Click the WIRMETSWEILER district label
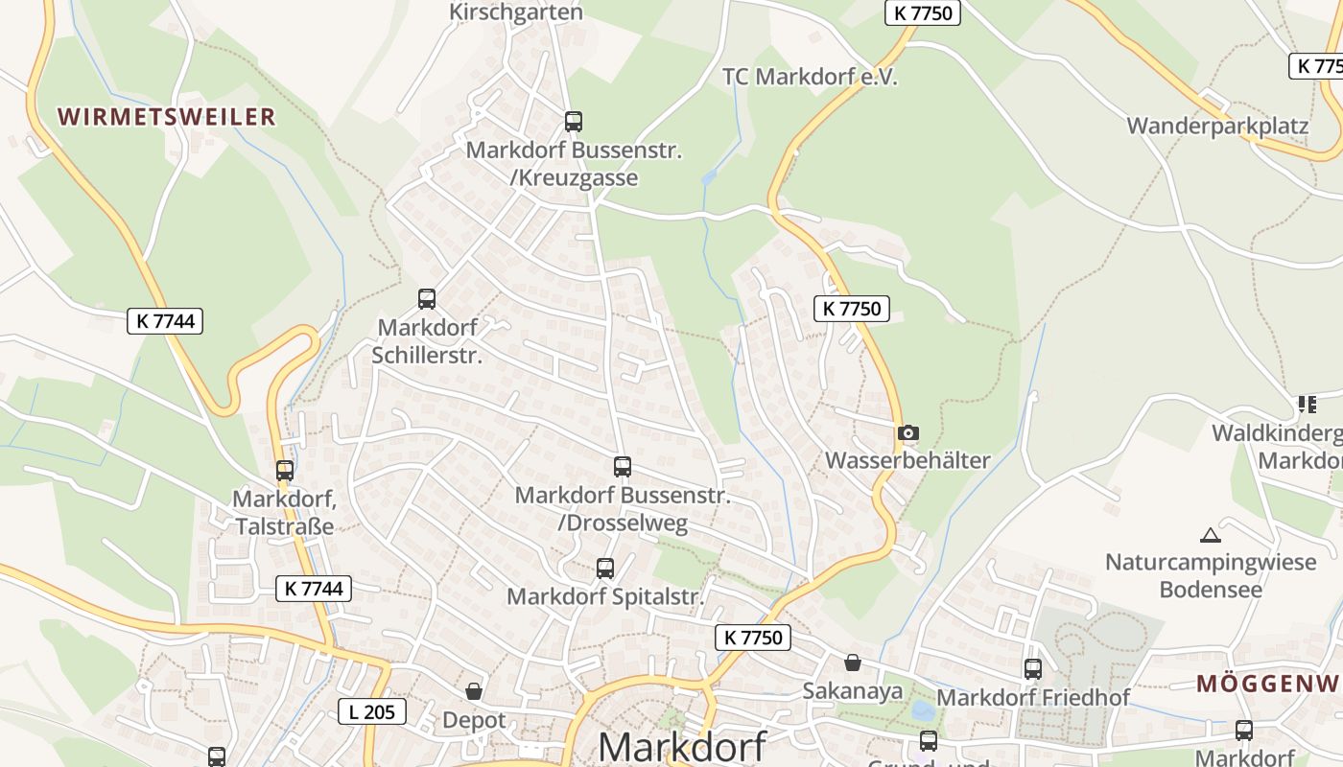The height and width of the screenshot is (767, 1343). (167, 117)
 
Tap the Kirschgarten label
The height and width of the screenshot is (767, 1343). (516, 12)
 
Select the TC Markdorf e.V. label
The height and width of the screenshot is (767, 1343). (810, 77)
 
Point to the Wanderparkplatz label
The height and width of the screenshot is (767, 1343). (1217, 126)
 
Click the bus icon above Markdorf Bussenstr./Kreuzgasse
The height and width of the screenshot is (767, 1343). (574, 122)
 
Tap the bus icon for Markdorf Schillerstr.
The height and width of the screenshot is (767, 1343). (427, 299)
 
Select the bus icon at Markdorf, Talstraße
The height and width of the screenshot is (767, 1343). (285, 471)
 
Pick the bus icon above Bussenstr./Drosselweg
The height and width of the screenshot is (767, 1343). (623, 467)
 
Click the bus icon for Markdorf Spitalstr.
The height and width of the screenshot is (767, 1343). (605, 569)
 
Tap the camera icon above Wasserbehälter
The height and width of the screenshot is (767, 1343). (908, 432)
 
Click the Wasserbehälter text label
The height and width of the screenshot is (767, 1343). (907, 460)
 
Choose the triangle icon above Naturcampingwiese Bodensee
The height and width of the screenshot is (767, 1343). (1211, 535)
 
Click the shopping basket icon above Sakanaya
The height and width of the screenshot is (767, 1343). (853, 662)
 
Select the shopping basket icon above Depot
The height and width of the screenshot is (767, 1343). (474, 691)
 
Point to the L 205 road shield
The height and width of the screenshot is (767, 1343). (372, 711)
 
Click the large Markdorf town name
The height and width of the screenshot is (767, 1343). (682, 746)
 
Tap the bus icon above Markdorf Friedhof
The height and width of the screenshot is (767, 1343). (1033, 669)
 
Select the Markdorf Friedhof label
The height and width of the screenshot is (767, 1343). (1033, 697)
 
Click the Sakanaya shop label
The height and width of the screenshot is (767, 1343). (853, 690)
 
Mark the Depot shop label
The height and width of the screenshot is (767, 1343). (474, 719)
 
